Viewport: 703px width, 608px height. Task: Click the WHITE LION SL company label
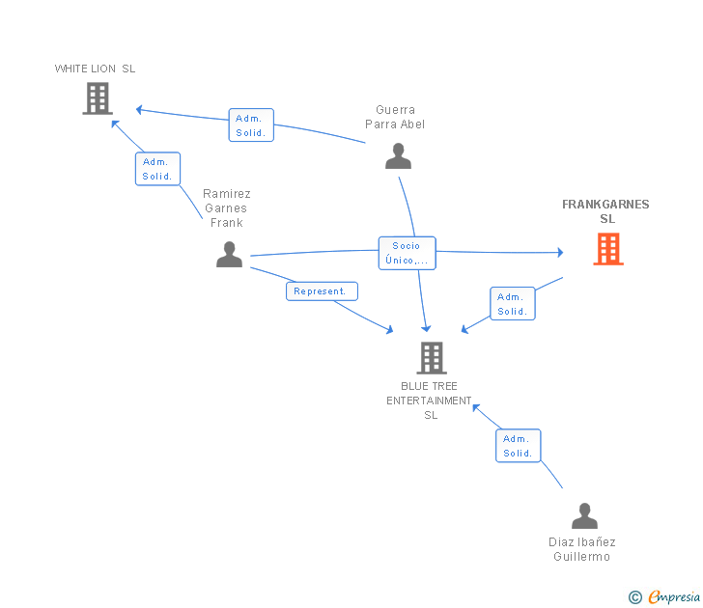(95, 69)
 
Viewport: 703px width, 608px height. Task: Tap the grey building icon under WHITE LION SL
(98, 98)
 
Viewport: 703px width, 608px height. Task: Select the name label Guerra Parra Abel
(395, 117)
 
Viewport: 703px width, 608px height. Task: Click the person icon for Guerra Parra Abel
(398, 155)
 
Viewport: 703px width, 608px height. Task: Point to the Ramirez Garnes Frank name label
(227, 207)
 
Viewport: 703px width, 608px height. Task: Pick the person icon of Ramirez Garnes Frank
(229, 254)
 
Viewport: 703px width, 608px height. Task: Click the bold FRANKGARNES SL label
(605, 211)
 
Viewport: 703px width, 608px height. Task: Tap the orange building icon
(607, 249)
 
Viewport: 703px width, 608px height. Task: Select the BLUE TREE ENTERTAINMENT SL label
(431, 401)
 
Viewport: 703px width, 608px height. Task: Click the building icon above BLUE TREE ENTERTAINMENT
(431, 358)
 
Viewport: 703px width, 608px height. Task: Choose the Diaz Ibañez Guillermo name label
(582, 549)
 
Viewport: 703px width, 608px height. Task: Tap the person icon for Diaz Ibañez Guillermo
(584, 516)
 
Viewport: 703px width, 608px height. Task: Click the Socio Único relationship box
(407, 253)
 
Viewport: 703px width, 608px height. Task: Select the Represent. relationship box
(322, 290)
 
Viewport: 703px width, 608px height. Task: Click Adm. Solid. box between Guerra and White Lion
(251, 125)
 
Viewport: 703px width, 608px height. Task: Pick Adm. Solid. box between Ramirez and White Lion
(157, 169)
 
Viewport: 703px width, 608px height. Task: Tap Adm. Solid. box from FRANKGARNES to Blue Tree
(512, 304)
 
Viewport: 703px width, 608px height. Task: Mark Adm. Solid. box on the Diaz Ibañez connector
(519, 446)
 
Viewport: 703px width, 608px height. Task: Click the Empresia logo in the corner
(665, 597)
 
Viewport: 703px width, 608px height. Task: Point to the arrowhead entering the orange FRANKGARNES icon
(560, 253)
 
